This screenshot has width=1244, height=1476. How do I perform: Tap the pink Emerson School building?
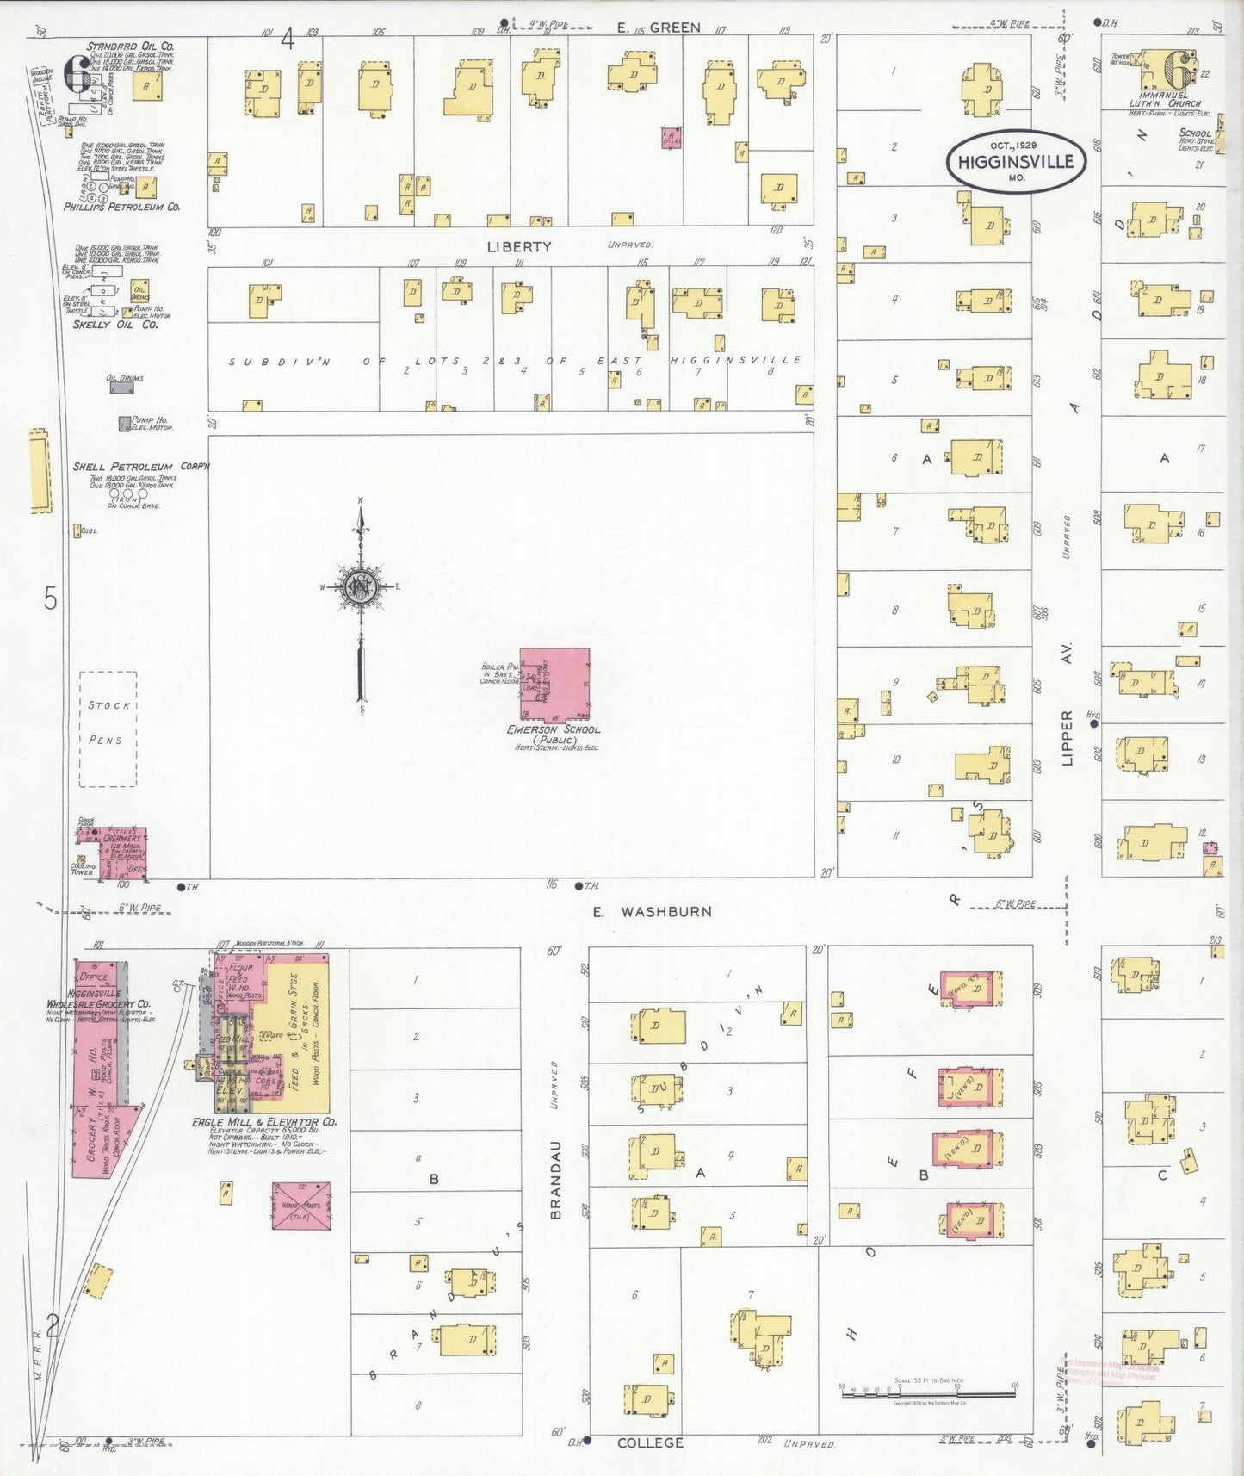point(555,684)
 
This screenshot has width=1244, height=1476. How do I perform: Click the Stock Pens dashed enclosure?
point(108,729)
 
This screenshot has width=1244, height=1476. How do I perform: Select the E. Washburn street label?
point(652,911)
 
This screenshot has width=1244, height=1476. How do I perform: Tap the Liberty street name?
point(518,247)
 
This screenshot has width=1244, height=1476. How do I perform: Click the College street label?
point(650,1442)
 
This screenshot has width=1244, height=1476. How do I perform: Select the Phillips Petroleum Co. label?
point(121,208)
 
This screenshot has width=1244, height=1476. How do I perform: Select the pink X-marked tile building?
point(301,1206)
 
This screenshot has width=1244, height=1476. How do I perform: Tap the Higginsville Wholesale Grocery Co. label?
point(99,1003)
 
